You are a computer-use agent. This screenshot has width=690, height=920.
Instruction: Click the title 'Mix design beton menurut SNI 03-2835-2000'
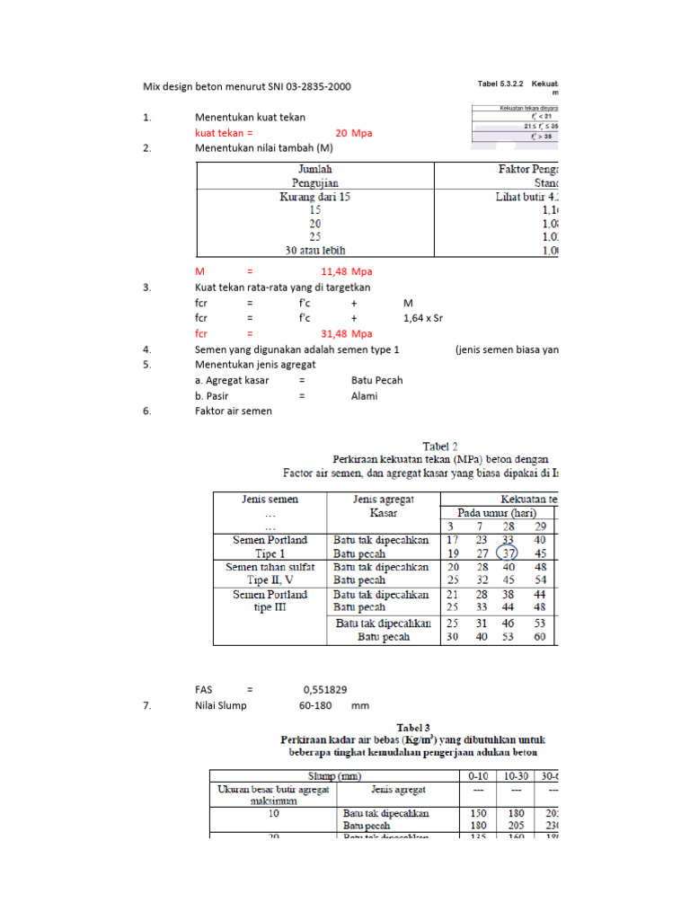[x=247, y=87]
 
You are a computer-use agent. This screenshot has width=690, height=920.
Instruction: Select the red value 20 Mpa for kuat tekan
[x=353, y=133]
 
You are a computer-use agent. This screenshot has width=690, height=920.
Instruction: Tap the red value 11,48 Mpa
[x=346, y=271]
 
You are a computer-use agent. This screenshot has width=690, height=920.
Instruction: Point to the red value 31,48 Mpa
[x=346, y=334]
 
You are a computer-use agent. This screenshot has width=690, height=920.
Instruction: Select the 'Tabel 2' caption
[x=440, y=445]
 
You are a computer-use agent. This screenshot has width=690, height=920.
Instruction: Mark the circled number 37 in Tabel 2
[x=508, y=554]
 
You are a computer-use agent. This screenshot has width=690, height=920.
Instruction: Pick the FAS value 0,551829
[x=325, y=690]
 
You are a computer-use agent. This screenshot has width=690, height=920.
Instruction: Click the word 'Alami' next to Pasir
[x=365, y=395]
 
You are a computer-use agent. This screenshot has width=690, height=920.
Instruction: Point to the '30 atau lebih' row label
[x=314, y=251]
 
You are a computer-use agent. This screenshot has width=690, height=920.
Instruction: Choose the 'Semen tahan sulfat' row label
[x=270, y=568]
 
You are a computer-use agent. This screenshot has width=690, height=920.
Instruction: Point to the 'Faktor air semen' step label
[x=233, y=411]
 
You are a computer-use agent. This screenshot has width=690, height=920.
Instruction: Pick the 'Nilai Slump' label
[x=221, y=706]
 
